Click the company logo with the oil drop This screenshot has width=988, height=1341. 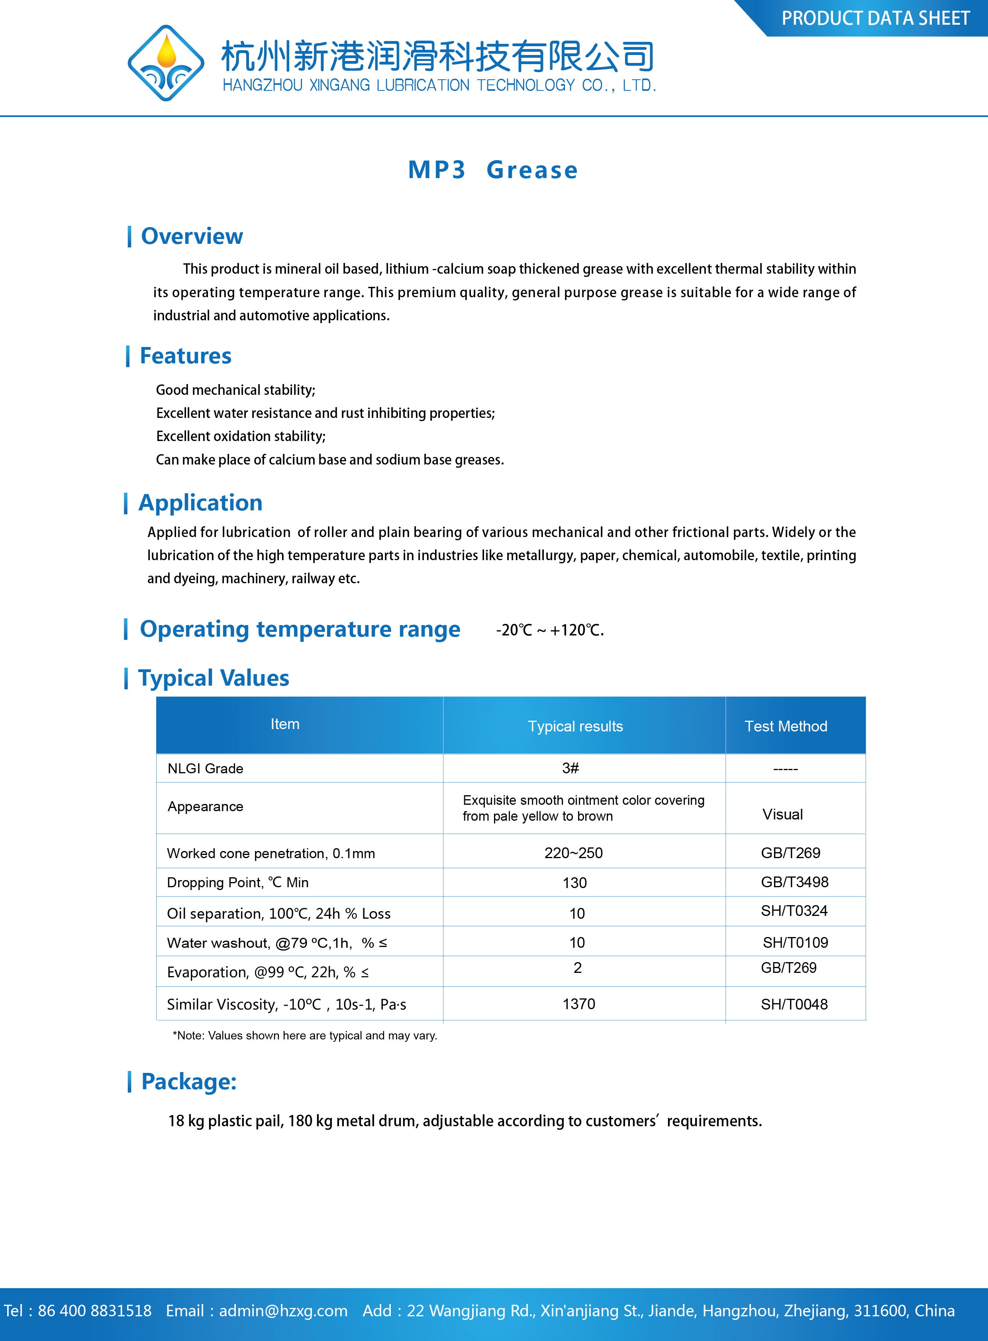[166, 63]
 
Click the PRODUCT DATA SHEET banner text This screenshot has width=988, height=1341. [875, 19]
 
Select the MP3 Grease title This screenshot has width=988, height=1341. [493, 170]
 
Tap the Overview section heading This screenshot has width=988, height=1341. [191, 236]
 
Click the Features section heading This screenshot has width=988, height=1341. [185, 356]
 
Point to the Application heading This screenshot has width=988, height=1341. [200, 502]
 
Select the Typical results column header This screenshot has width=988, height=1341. [575, 726]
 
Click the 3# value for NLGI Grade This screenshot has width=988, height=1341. [570, 768]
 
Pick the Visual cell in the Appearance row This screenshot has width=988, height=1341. [782, 814]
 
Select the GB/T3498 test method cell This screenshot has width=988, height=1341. [794, 882]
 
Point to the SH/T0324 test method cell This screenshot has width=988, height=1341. [794, 910]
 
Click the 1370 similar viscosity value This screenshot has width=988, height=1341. [579, 1004]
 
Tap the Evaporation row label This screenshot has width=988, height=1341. [267, 972]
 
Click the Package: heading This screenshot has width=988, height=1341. [188, 1081]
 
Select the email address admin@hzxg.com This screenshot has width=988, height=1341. [283, 1310]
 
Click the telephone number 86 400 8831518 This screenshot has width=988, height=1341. [94, 1310]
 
